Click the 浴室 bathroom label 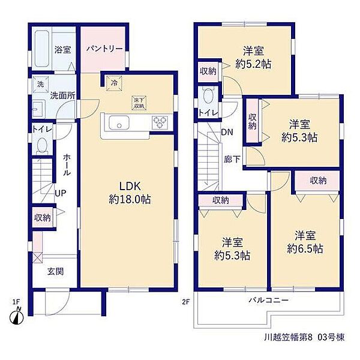(x=62, y=50)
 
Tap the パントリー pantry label (x=104, y=49)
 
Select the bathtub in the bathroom (x=42, y=49)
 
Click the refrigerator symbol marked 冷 (x=114, y=83)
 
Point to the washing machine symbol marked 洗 (x=40, y=84)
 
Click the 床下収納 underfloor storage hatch (x=139, y=103)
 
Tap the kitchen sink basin (x=119, y=122)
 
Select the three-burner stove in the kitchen (x=160, y=122)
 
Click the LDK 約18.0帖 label (x=130, y=193)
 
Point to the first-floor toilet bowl (x=42, y=145)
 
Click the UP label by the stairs (x=61, y=193)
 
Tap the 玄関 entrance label (x=55, y=272)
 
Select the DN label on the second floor (x=227, y=132)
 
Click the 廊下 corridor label (x=232, y=159)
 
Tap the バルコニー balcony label (x=269, y=300)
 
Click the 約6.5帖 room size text (x=305, y=248)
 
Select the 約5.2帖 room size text (x=253, y=64)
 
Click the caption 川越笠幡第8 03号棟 (x=304, y=337)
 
